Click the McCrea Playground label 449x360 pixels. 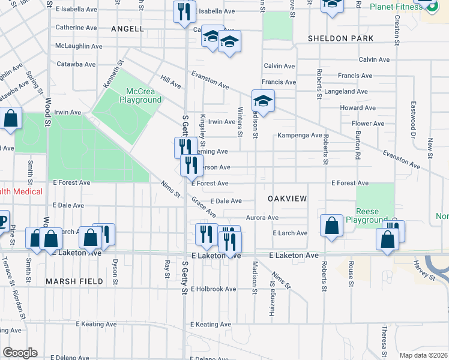(140, 95)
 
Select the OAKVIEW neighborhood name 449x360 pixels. (287, 198)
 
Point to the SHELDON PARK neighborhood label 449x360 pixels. (341, 38)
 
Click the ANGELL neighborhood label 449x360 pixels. (127, 28)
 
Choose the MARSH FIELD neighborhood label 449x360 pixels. (70, 281)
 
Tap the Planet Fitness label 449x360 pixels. (395, 7)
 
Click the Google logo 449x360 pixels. (20, 353)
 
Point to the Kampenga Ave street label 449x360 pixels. (300, 136)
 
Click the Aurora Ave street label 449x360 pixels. (262, 218)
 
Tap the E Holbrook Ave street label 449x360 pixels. (213, 289)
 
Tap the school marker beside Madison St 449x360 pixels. (263, 100)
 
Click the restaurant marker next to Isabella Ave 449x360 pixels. (184, 12)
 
